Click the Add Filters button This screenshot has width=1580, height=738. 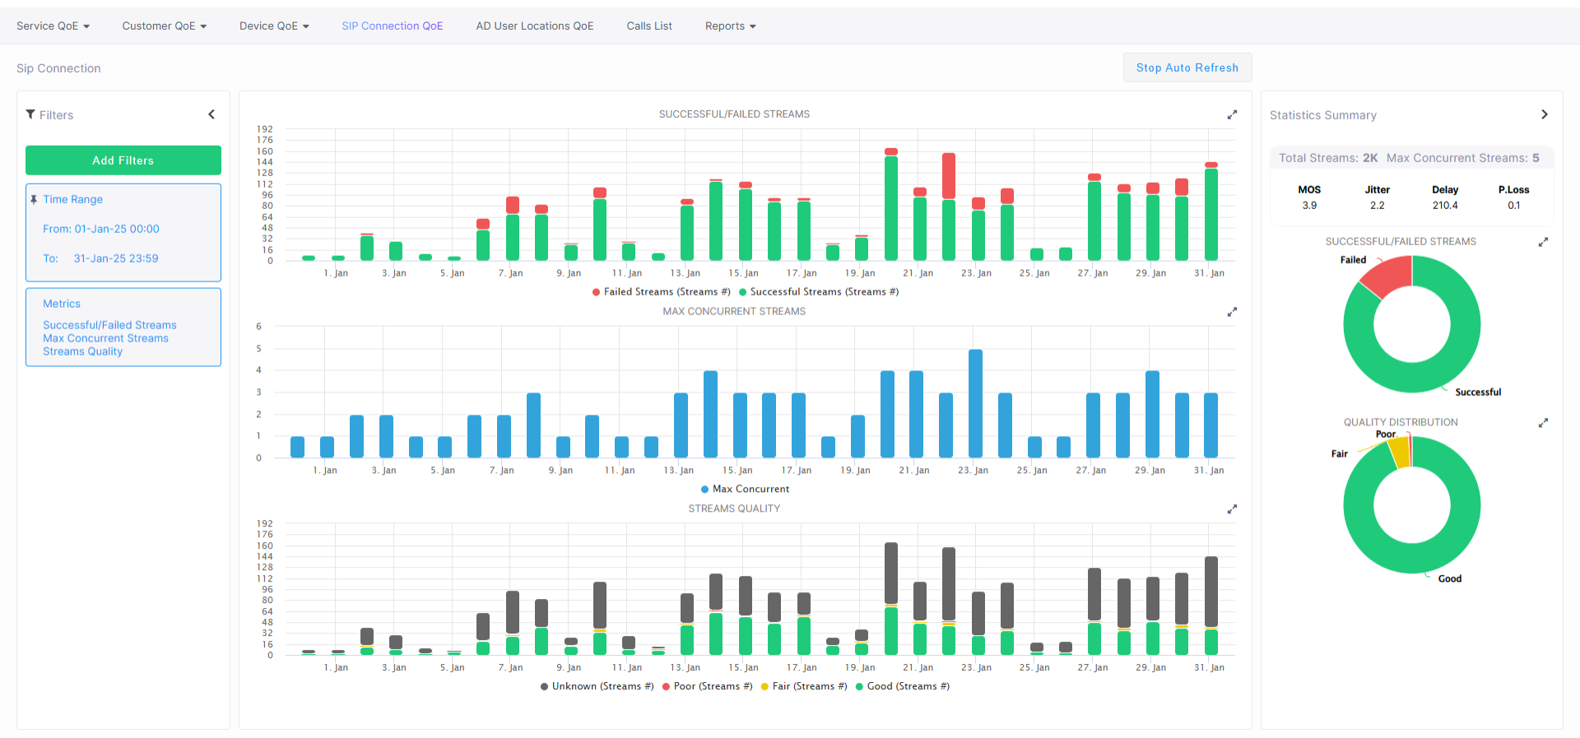point(123,160)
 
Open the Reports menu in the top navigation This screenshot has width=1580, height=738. point(730,26)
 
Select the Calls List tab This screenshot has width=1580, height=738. point(649,26)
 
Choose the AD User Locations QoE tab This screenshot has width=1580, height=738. point(534,26)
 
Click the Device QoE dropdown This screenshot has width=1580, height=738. point(274,26)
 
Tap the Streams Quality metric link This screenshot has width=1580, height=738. point(82,351)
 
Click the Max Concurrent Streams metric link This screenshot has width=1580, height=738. point(105,338)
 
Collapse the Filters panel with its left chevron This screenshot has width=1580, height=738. point(211,114)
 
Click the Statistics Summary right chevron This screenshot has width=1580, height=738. point(1545,114)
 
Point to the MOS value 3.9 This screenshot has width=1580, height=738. point(1309,206)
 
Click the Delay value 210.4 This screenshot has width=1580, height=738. point(1445,206)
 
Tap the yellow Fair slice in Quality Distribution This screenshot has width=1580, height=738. point(1398,453)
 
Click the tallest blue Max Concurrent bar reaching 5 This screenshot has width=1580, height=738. point(975,403)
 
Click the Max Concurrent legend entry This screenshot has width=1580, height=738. point(745,489)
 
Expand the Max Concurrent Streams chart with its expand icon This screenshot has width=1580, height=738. point(1232,312)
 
